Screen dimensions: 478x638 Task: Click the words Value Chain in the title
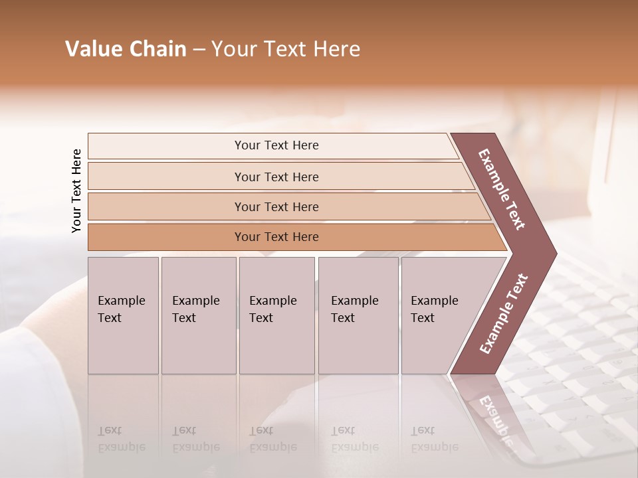[x=126, y=49]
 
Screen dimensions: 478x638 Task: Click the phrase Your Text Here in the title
[x=286, y=49]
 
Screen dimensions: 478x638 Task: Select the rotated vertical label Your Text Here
[x=76, y=191]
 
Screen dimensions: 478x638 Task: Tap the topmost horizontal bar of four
[x=276, y=145]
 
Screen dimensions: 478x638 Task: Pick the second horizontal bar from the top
[x=276, y=177]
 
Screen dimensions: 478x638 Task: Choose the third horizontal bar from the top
[x=276, y=206]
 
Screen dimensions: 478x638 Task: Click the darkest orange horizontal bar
[x=276, y=237]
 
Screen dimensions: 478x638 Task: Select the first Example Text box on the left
[x=123, y=315]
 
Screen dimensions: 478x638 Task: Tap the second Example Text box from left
[x=198, y=315]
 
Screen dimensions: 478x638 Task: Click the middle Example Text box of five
[x=276, y=315]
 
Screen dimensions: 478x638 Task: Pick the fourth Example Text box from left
[x=358, y=315]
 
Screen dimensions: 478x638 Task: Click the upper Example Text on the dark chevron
[x=502, y=189]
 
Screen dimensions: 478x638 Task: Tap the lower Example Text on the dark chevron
[x=504, y=313]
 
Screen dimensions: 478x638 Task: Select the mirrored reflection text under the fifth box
[x=434, y=439]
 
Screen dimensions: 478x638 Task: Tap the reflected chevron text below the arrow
[x=496, y=418]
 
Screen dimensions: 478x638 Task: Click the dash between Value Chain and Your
[x=199, y=50]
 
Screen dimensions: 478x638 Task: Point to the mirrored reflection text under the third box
[x=272, y=439]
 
